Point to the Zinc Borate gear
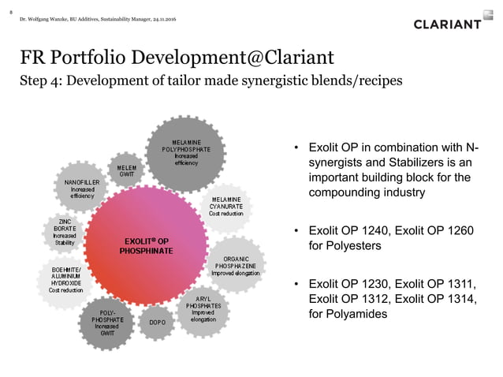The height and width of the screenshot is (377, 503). tap(65, 232)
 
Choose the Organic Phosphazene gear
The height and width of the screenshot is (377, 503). tap(237, 266)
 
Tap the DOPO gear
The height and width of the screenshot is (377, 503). tap(156, 322)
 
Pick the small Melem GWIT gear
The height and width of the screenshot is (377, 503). tap(126, 171)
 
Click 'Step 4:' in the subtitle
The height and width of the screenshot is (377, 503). tap(43, 82)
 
